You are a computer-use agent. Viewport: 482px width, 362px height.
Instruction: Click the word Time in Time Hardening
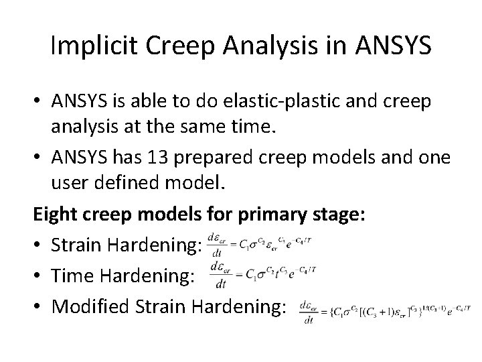pos(70,276)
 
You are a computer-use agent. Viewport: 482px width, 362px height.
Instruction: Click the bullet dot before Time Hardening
pos(40,276)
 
